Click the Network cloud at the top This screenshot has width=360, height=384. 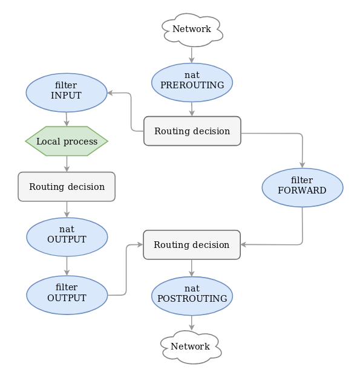pyautogui.click(x=192, y=29)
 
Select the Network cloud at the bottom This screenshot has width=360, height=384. pyautogui.click(x=191, y=347)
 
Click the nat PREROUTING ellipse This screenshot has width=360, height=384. pyautogui.click(x=192, y=81)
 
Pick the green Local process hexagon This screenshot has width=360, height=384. pyautogui.click(x=67, y=142)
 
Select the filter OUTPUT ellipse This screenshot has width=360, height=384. pyautogui.click(x=67, y=294)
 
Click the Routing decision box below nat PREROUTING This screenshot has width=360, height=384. pyautogui.click(x=192, y=131)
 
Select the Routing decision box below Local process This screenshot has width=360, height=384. pyautogui.click(x=67, y=187)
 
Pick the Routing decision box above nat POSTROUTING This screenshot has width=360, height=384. pyautogui.click(x=191, y=245)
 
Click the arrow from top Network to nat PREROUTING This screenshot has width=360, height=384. pyautogui.click(x=192, y=54)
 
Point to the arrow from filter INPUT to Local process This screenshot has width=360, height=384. pyautogui.click(x=67, y=119)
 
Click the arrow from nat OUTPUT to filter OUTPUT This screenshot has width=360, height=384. pyautogui.click(x=67, y=265)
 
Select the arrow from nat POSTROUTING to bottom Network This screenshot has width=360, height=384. pyautogui.click(x=192, y=322)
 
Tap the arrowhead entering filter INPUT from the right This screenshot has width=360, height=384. pyautogui.click(x=111, y=93)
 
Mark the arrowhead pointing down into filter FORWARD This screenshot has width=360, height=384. pyautogui.click(x=303, y=164)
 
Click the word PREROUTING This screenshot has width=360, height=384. pyautogui.click(x=192, y=86)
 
